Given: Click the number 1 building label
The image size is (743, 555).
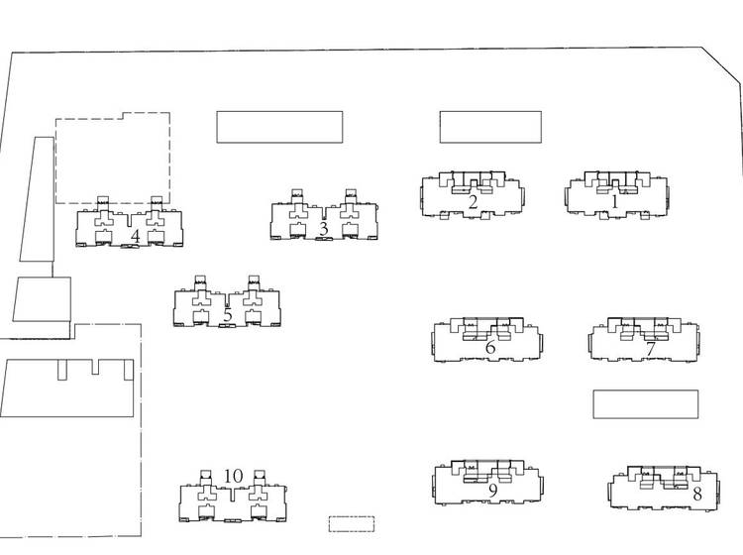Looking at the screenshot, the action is click(615, 202).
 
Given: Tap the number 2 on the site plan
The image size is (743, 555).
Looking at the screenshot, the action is click(473, 202).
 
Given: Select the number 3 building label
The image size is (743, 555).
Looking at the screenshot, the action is click(323, 229).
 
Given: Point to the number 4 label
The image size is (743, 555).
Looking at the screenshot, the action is click(135, 237).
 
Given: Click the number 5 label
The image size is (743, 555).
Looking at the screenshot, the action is click(228, 315).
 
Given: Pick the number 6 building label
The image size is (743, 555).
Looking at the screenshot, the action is click(490, 347).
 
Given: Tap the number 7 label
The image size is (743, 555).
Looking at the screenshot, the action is click(651, 349).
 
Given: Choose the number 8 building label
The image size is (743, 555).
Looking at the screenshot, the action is click(697, 494).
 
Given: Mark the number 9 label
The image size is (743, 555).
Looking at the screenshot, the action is click(492, 491).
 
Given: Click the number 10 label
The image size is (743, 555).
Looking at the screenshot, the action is click(233, 476).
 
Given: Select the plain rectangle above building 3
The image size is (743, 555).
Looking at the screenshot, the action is click(279, 127).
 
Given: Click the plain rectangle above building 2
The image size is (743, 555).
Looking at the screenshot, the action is click(490, 127).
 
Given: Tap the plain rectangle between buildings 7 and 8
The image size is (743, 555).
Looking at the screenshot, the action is click(645, 404).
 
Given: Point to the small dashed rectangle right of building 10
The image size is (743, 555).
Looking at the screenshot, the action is click(352, 523).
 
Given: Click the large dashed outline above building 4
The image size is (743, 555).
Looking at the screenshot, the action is click(113, 158).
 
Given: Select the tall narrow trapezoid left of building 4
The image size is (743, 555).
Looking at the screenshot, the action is click(37, 199).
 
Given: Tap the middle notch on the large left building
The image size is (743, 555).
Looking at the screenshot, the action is click(95, 367).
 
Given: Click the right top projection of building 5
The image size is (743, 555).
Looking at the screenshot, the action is click(254, 280).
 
